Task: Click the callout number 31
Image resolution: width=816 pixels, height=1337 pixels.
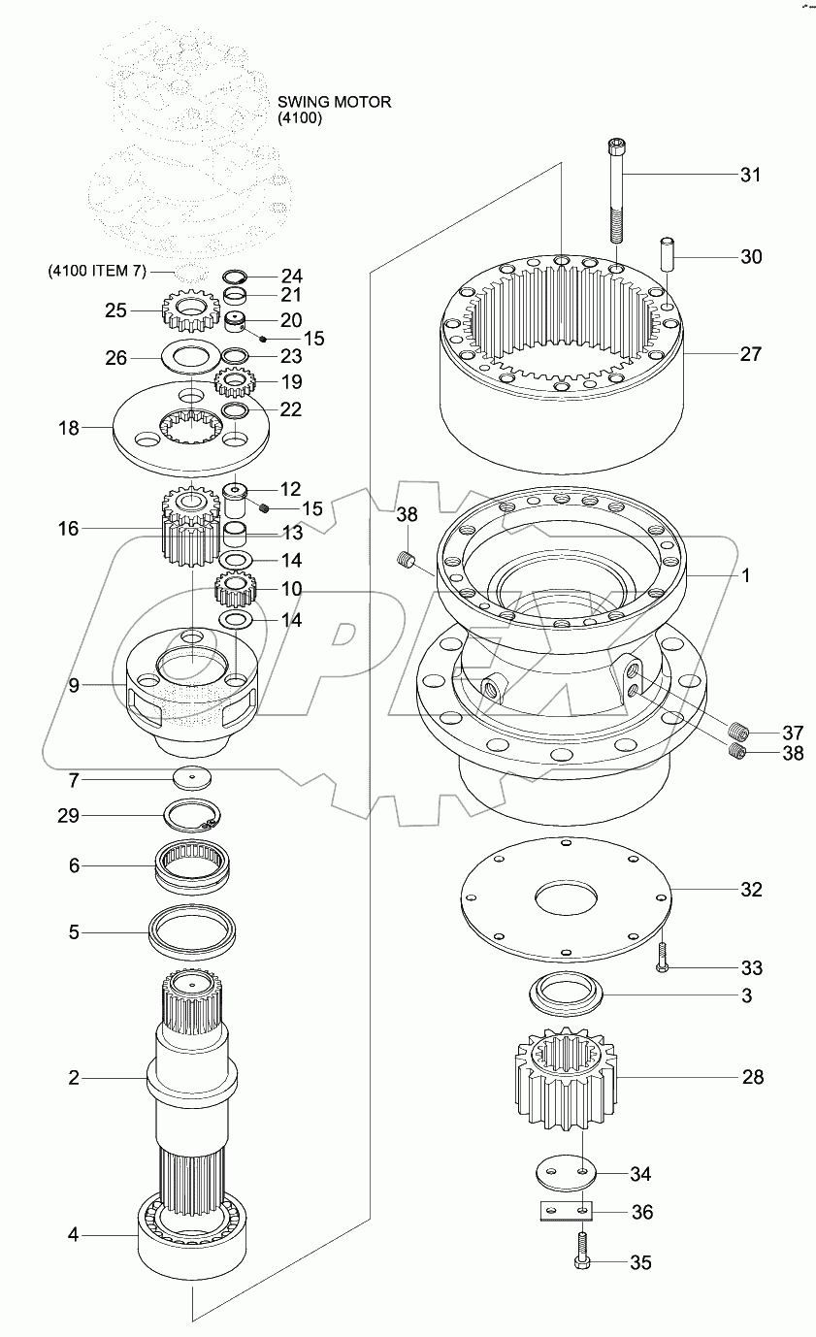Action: [750, 175]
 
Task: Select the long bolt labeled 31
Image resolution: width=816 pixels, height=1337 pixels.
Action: [617, 190]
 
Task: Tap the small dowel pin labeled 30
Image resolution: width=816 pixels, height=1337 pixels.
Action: [666, 253]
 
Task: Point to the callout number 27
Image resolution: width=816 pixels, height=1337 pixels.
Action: [750, 354]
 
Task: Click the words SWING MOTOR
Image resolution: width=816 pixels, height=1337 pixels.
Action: [335, 102]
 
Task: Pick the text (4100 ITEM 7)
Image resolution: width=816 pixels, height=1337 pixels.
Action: [97, 271]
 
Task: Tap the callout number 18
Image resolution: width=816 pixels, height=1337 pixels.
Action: [69, 428]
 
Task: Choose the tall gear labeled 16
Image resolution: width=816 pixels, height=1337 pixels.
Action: [191, 526]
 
